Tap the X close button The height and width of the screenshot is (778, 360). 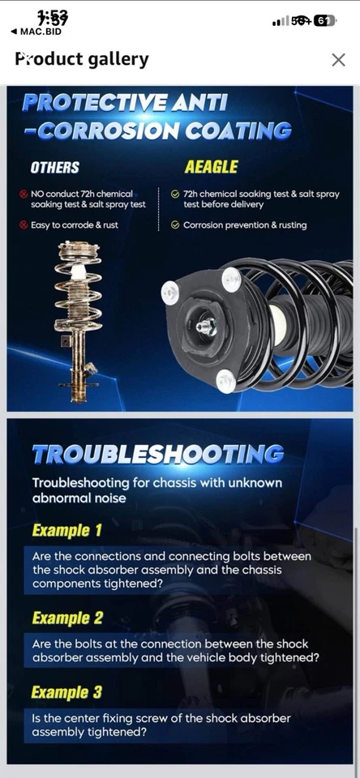point(338,59)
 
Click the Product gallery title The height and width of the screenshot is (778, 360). point(82,59)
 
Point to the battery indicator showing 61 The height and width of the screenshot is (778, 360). point(324,21)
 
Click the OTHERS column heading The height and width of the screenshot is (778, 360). point(54,168)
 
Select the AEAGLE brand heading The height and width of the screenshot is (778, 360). point(211,167)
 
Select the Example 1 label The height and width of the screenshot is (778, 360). point(66,531)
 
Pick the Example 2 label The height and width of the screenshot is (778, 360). point(67,618)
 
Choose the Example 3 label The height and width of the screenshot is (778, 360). point(67,692)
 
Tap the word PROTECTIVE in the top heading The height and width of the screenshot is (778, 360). point(94,103)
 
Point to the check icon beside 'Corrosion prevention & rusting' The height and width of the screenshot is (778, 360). point(175,225)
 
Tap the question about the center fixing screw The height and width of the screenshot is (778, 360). point(161,725)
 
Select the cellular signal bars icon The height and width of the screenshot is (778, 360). point(281,21)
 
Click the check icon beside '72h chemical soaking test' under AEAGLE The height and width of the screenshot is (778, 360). point(175,194)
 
